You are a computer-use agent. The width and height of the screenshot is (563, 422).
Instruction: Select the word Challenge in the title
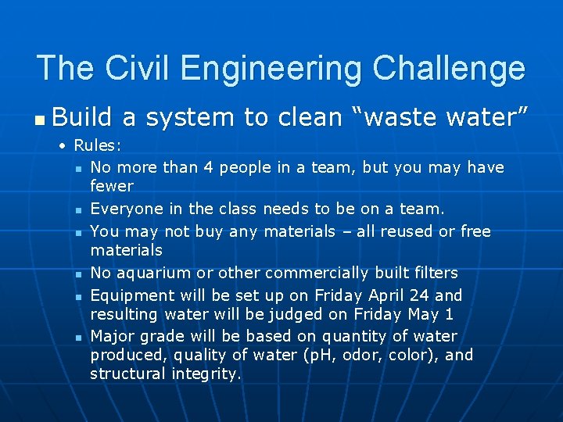(449, 68)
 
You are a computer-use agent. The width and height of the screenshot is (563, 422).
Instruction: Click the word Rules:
(98, 146)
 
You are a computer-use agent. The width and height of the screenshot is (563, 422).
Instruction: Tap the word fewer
(112, 186)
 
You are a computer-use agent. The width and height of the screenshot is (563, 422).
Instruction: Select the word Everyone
(122, 209)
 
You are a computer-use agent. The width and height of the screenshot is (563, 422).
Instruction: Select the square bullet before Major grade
(80, 338)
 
